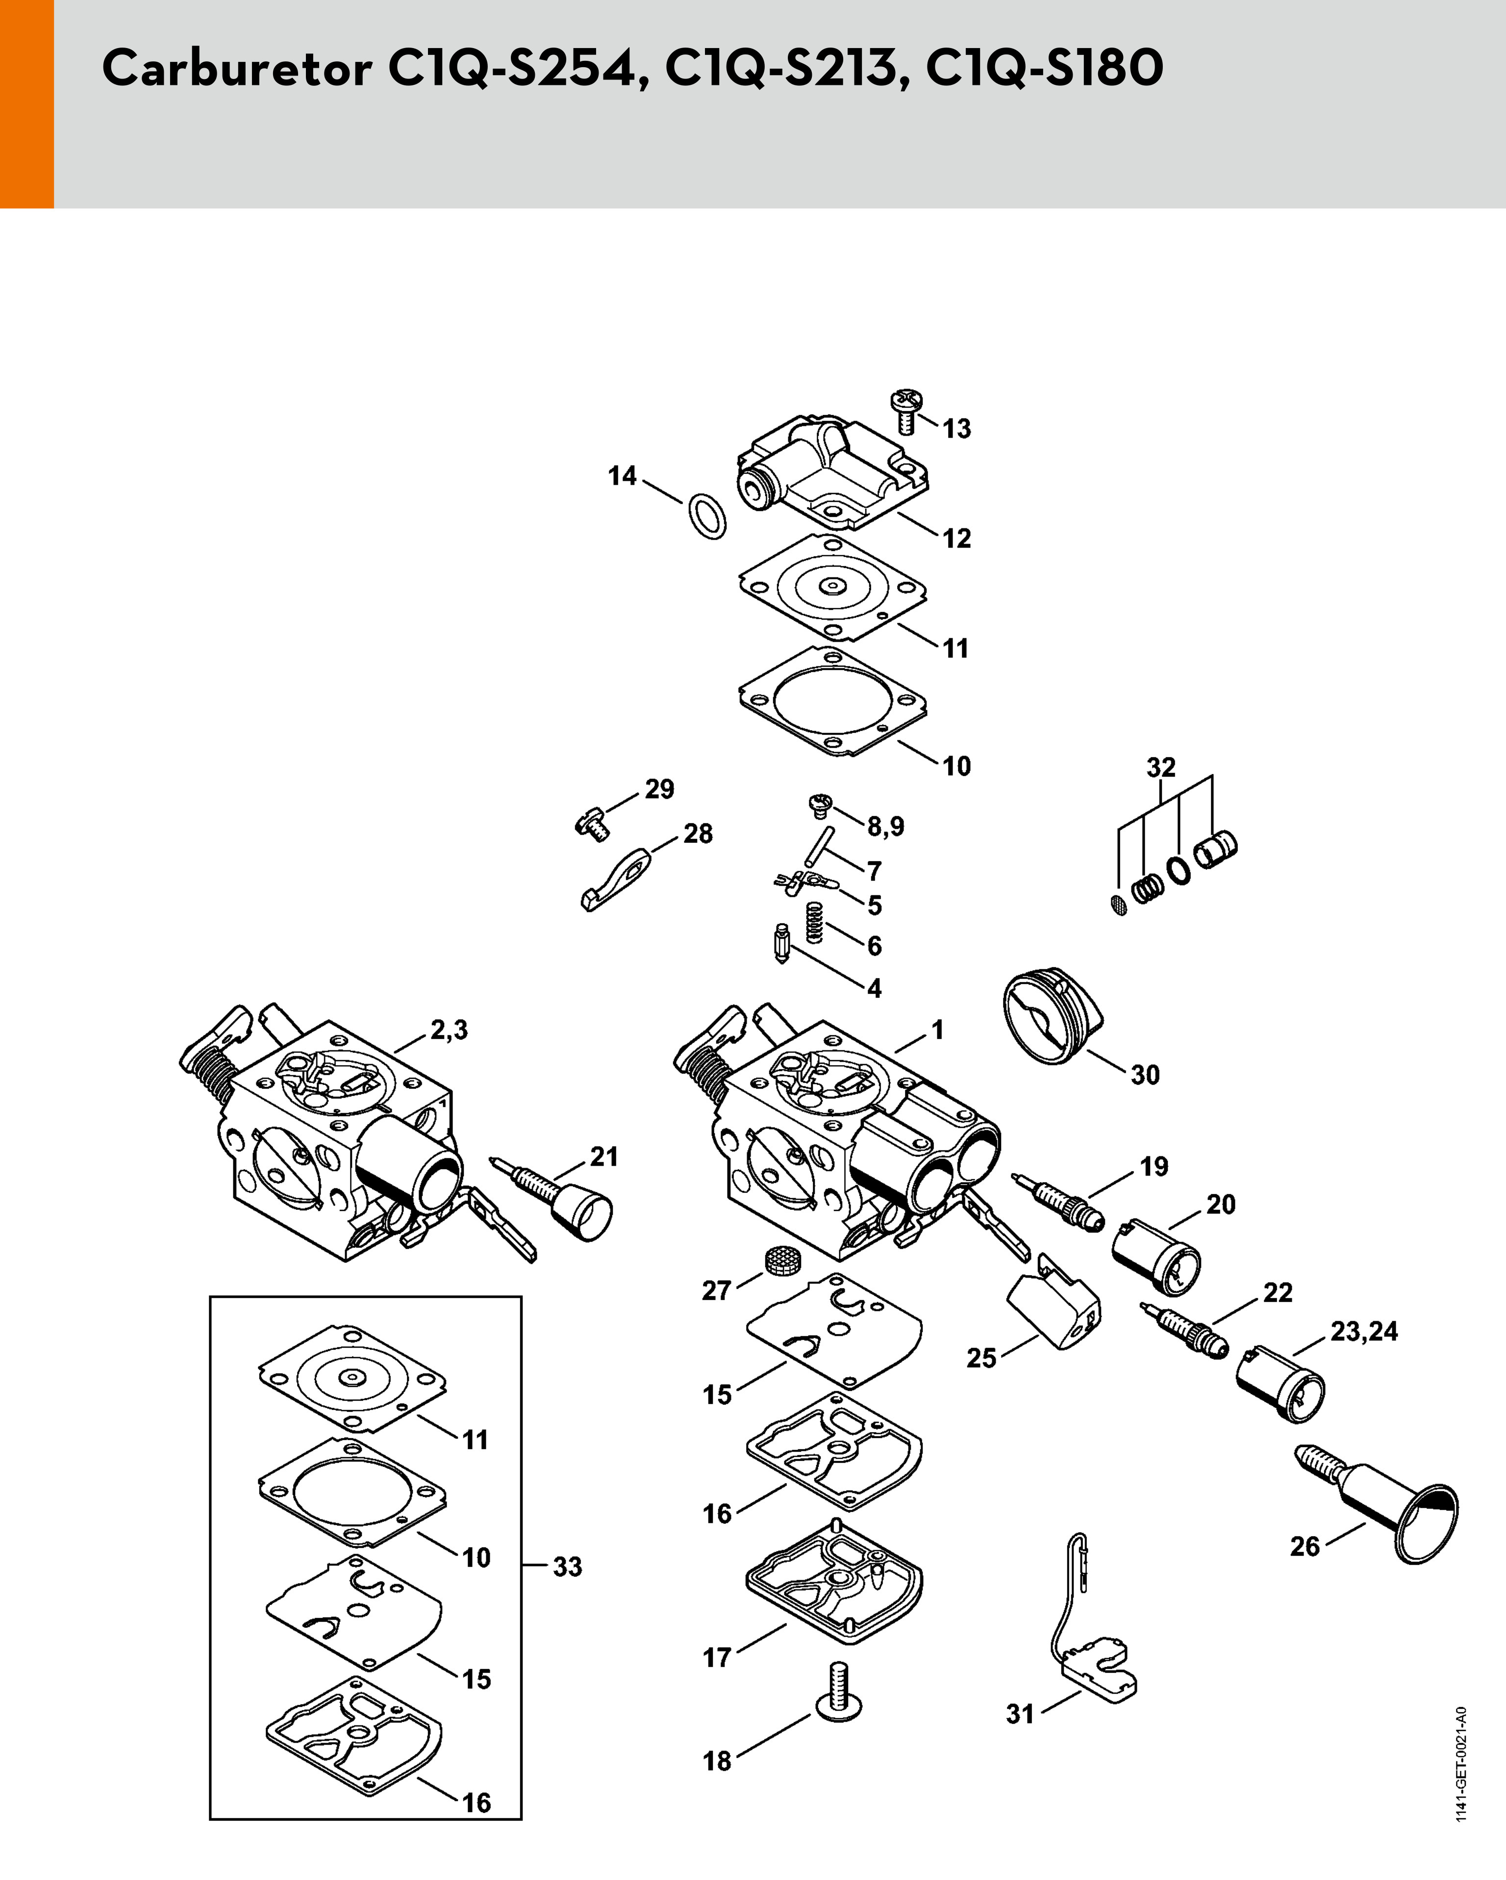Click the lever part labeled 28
(616, 879)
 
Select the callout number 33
(567, 1567)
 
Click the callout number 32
(1161, 767)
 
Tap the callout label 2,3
(449, 1030)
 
